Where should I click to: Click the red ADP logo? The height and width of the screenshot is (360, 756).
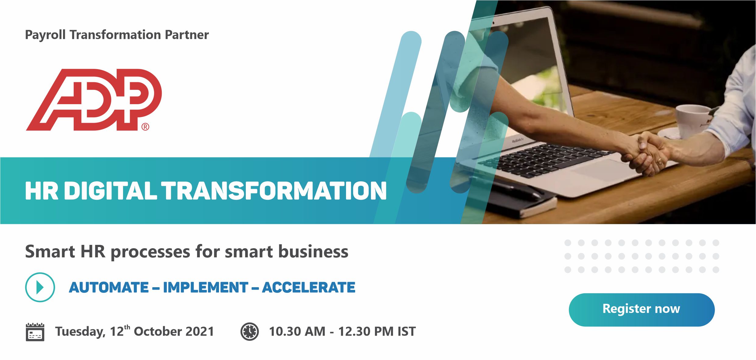pos(94,100)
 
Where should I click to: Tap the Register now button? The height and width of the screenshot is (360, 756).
pos(641,309)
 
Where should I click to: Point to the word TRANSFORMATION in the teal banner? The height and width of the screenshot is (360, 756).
pos(274,191)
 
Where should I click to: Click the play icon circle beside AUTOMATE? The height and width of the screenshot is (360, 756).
pos(40,287)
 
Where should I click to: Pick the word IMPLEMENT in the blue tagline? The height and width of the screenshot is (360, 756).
pos(206,287)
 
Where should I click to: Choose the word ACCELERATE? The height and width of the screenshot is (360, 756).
pos(309,287)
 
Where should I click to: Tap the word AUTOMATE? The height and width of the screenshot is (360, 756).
pos(109,287)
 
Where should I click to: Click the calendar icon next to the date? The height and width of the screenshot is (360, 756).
pos(35,332)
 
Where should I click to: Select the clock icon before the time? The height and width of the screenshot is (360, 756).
pos(249,331)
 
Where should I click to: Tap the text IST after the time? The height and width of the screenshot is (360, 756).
pos(406,331)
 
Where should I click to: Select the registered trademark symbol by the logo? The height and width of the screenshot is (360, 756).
pos(145,127)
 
